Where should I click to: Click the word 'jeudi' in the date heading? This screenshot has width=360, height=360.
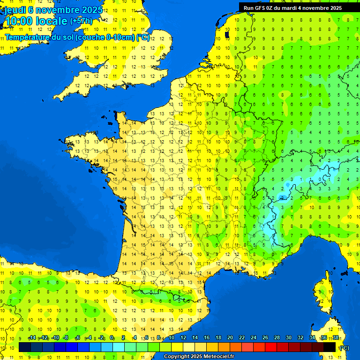15,10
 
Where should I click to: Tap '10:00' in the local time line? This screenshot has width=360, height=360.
19,21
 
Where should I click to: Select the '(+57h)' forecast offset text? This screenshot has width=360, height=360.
81,21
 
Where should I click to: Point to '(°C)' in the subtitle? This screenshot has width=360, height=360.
143,37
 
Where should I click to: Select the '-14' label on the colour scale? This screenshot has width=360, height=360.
32,338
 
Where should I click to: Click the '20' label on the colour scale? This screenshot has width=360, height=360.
230,338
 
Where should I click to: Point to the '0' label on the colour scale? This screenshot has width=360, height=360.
112,338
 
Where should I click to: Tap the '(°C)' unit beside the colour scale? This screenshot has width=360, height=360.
344,347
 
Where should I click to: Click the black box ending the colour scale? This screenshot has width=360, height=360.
330,347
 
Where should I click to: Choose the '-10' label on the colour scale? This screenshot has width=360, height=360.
55,338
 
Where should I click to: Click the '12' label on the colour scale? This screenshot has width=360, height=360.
183,338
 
